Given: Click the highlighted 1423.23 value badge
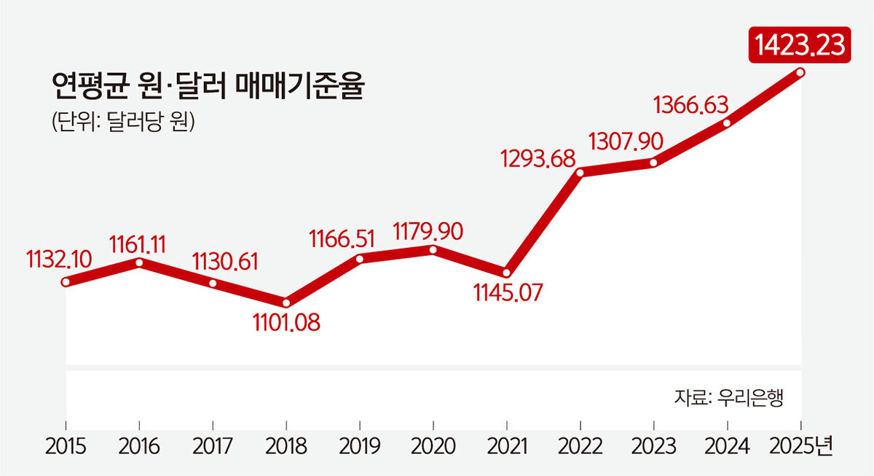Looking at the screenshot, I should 799,44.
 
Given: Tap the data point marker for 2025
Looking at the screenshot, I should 800,72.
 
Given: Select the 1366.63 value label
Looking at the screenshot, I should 690,104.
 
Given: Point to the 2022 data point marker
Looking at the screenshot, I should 580,173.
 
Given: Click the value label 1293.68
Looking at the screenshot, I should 538,157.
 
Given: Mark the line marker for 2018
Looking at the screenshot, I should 286,302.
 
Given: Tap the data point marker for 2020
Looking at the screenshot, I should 433,249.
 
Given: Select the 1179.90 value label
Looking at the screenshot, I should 428,231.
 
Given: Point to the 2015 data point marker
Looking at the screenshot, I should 66,283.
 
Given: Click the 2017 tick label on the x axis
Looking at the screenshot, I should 213,446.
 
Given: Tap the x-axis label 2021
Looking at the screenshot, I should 507,446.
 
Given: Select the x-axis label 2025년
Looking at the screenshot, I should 803,446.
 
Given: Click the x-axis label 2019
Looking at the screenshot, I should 360,446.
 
